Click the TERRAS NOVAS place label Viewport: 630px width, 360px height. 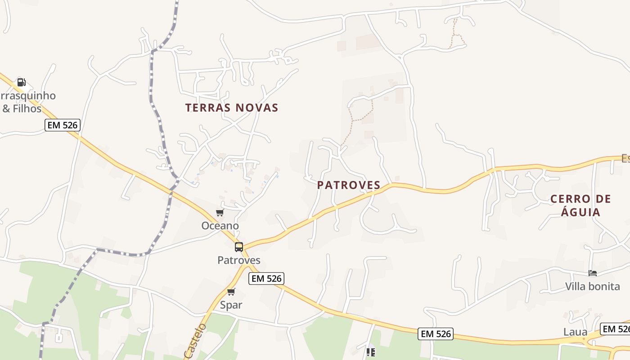coord(232,108)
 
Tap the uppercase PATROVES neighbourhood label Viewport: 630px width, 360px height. coord(349,185)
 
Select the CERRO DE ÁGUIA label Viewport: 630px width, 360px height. coord(580,205)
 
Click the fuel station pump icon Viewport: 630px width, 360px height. coord(21,82)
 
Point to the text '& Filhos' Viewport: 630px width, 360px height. coord(22,109)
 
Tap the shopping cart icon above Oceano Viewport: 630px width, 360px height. coord(220,213)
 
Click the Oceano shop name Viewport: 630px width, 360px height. coord(220,225)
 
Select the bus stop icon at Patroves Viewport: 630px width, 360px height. coord(238,247)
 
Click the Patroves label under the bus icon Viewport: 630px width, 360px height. coord(238,260)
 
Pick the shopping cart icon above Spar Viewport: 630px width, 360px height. coord(231,292)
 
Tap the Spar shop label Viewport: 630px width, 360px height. coord(231,305)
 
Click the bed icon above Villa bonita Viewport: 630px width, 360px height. coord(593,273)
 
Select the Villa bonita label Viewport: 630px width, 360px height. coord(592,286)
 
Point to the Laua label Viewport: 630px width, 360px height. coord(575,332)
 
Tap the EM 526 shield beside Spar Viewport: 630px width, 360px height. coord(267,279)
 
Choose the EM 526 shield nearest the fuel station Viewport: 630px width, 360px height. coord(63,125)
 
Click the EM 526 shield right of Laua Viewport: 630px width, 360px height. coord(615,329)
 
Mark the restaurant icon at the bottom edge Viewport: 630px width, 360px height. coord(370,352)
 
